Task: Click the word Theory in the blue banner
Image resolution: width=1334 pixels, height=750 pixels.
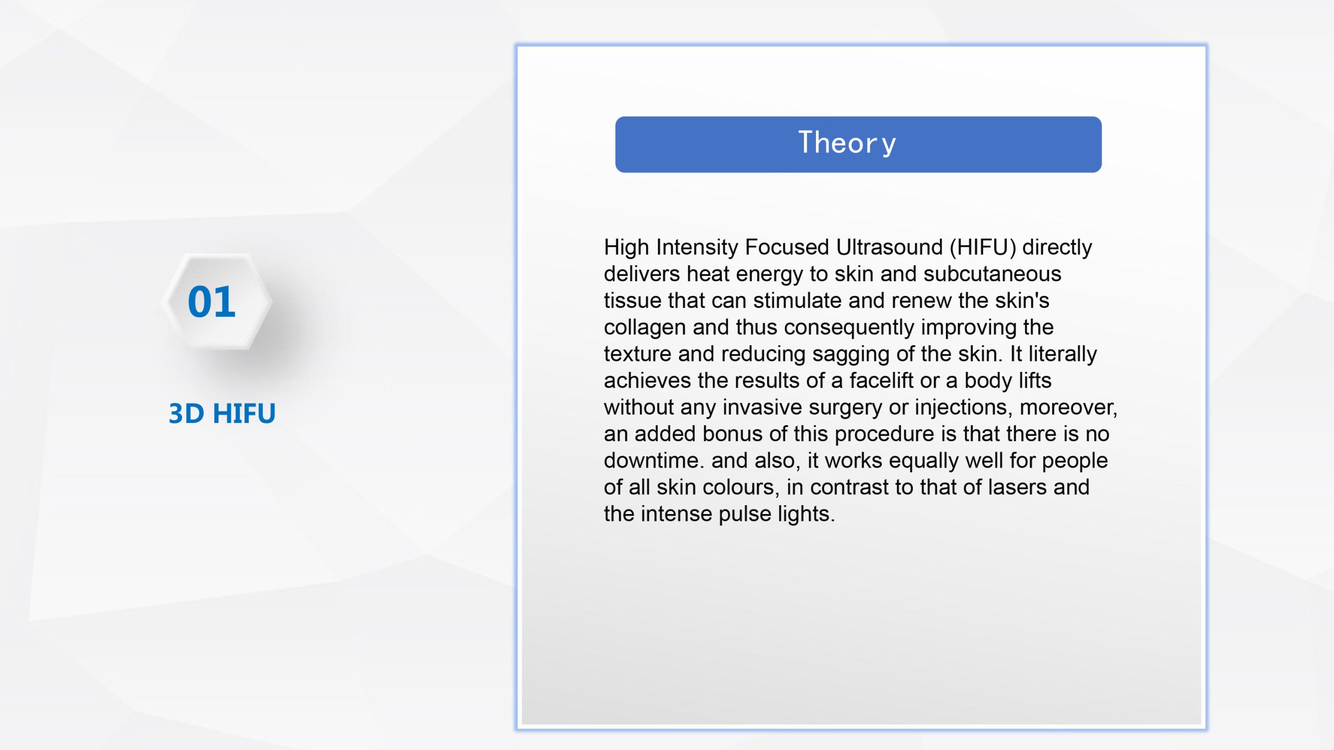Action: click(847, 143)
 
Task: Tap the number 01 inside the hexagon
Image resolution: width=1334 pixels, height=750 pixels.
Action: click(212, 302)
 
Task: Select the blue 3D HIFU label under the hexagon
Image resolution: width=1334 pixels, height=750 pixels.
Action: click(222, 414)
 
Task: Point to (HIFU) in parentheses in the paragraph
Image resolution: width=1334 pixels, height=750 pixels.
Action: click(983, 247)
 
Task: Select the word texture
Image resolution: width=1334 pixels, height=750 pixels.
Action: click(638, 354)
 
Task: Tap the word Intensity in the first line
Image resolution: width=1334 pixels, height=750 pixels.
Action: click(697, 247)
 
